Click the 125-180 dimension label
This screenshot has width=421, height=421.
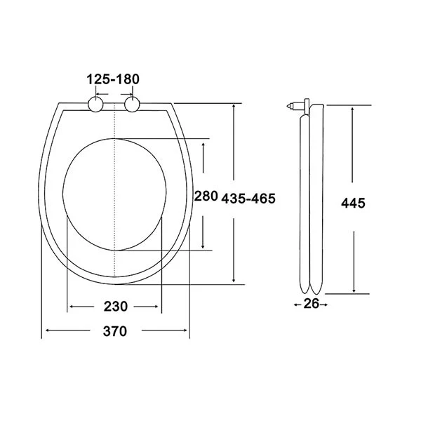coord(113,79)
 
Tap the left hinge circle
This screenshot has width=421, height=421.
coord(95,105)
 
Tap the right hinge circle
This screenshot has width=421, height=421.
coord(132,105)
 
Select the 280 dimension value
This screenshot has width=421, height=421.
coord(206,196)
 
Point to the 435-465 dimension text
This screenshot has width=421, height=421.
coord(248,199)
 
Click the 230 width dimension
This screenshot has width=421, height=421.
coord(116,307)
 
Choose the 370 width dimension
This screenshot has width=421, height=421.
coord(115,331)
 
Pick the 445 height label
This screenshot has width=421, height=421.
coord(353,203)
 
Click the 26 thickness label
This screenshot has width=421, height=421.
coord(312,304)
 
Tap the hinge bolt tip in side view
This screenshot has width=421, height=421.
coord(288,106)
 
